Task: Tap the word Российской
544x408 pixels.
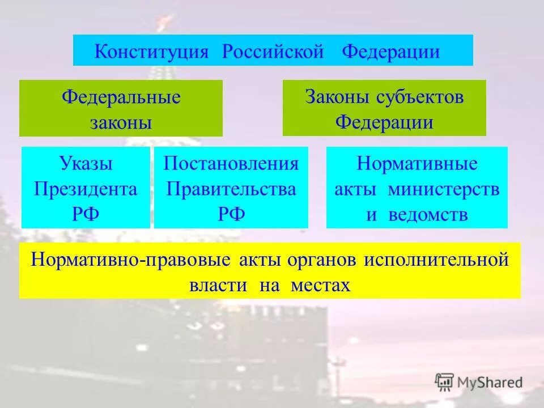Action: coord(273,52)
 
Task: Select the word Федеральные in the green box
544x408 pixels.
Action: coord(121,97)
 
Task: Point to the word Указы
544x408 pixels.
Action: coord(86,164)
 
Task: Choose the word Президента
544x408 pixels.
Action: coord(86,189)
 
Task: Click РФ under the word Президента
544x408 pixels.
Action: coord(86,214)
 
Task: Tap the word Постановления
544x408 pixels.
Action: coord(231,164)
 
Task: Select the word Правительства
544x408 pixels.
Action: coord(231,189)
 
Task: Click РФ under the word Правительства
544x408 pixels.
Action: coord(231,214)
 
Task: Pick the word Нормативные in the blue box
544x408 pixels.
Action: coord(417,164)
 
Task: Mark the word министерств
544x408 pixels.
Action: coord(444,189)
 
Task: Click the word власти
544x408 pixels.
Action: coord(218,284)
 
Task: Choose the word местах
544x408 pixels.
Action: coord(321,284)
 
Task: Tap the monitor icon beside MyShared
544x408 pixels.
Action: coord(445,382)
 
